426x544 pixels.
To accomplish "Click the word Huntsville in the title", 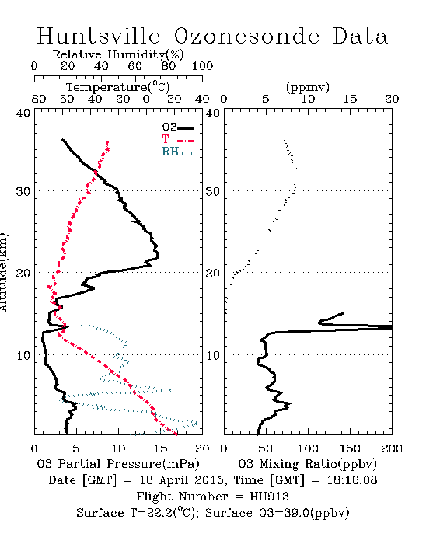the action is click(x=99, y=36).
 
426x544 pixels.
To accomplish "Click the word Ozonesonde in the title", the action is click(x=246, y=37).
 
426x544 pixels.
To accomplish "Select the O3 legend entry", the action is click(x=177, y=127).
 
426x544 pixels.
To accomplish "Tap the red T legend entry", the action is click(x=177, y=139).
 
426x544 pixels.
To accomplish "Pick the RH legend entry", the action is click(x=177, y=152).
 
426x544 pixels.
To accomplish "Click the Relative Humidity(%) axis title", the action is click(x=118, y=54).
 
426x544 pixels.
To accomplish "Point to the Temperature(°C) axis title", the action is click(x=118, y=87).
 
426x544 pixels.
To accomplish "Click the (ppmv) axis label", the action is click(x=308, y=87).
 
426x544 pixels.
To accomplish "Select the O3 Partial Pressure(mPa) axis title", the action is click(x=118, y=464).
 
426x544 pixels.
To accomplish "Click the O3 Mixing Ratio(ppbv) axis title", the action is click(x=307, y=464).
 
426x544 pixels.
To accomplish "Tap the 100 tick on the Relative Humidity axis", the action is click(x=202, y=66).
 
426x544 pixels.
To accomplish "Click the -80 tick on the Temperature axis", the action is click(x=34, y=99).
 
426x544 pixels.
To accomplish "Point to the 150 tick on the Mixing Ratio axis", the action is click(x=350, y=448).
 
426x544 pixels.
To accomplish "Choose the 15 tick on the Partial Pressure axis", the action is click(x=160, y=448).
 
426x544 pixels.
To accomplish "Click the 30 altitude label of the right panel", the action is click(x=213, y=191).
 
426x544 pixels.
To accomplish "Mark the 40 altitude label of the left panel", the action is click(x=23, y=113).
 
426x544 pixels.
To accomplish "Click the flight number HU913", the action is click(x=269, y=497).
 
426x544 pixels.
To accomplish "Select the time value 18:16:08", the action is click(x=352, y=480).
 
